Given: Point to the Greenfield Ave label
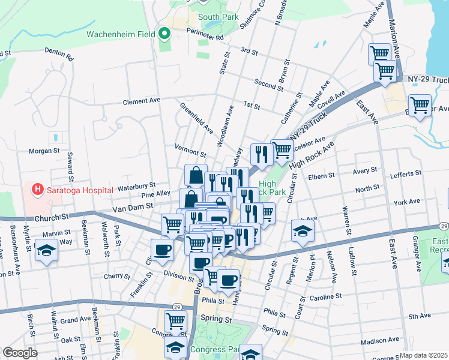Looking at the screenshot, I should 197,118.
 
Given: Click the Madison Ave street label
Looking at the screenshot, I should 381,340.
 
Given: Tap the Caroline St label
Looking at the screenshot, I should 326,296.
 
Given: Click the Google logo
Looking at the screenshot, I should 20,353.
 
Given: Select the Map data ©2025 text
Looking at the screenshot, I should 424,355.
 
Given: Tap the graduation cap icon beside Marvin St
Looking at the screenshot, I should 46,250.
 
